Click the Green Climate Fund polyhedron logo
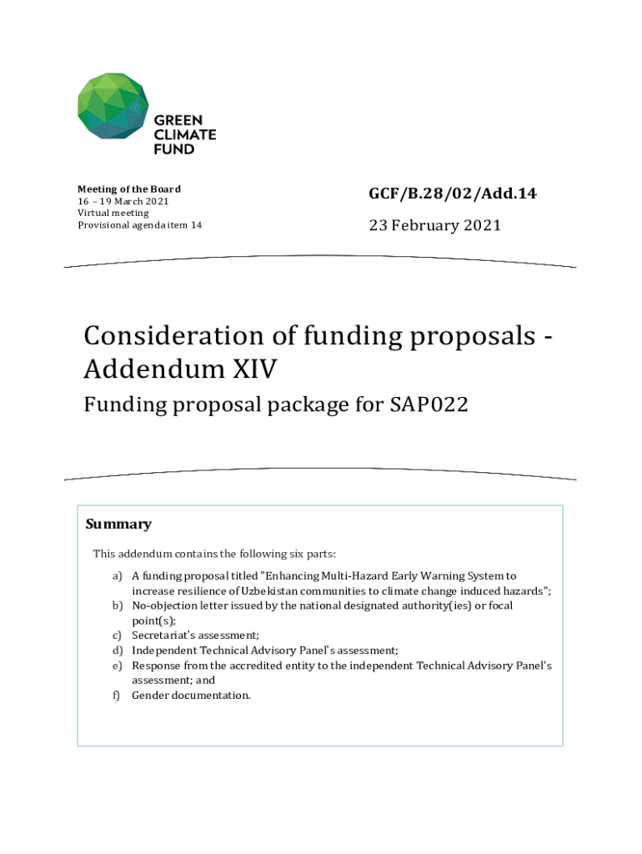tap(113, 106)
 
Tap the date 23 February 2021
tap(434, 225)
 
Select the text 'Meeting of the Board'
tap(129, 188)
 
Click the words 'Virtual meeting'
tap(113, 213)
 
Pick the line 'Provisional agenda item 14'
tap(139, 225)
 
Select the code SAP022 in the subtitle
tap(429, 405)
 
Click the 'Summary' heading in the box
tap(118, 525)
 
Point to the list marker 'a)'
tap(118, 575)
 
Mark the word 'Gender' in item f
tap(150, 695)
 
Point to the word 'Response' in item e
tap(154, 665)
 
